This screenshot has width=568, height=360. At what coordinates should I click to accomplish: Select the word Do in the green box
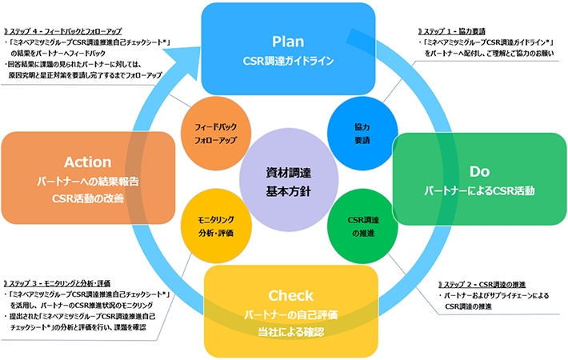point(479,170)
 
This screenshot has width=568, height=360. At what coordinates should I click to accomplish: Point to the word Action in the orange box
point(88,162)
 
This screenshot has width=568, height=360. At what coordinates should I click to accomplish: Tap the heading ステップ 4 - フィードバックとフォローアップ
point(70,31)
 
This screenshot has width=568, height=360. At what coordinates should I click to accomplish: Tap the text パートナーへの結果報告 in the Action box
point(88,182)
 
